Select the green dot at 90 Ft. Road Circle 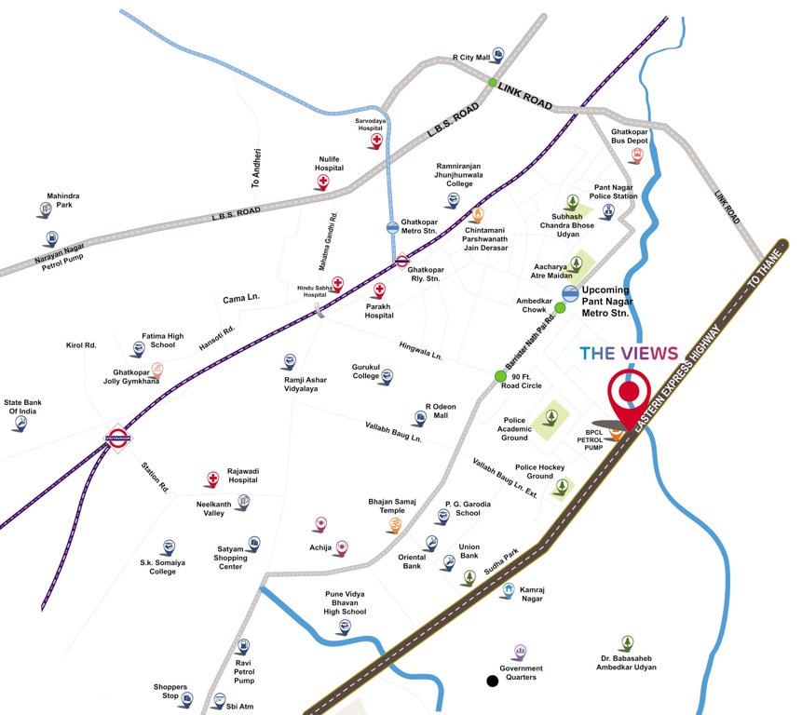click(x=500, y=376)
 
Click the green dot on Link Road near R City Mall click(x=493, y=83)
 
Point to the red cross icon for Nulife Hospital click(x=323, y=182)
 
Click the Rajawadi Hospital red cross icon click(x=212, y=479)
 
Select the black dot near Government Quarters click(x=492, y=681)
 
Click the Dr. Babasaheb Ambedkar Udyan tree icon click(x=627, y=643)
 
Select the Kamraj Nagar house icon click(x=509, y=589)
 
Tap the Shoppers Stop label click(x=170, y=692)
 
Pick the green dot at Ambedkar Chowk click(x=561, y=308)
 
